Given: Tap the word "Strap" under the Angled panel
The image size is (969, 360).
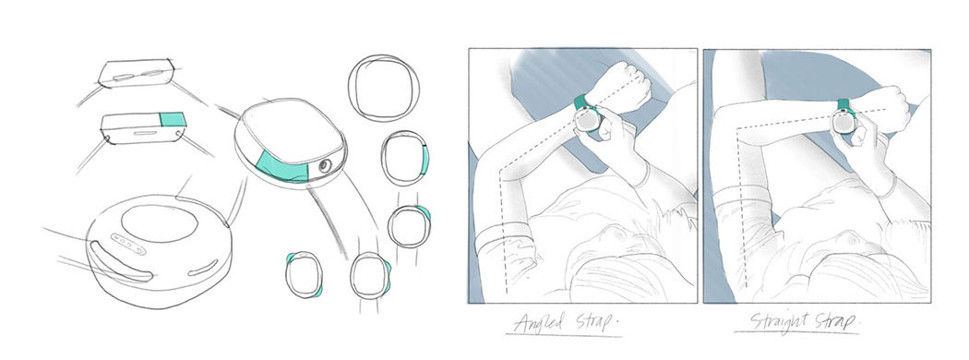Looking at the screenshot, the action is (591, 322).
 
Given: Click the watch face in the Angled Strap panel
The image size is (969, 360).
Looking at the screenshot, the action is (586, 119).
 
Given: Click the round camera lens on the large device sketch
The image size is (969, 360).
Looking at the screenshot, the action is (324, 166).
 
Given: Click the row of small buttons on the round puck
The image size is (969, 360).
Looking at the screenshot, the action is (128, 243).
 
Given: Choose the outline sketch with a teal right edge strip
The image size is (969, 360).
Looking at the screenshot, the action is (405, 159).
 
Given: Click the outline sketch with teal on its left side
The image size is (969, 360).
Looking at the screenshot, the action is (304, 275).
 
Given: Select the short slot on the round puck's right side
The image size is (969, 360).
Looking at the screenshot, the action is (203, 268).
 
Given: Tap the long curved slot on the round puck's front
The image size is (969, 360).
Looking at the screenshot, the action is (121, 263).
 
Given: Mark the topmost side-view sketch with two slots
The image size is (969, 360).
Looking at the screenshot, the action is (136, 74).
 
